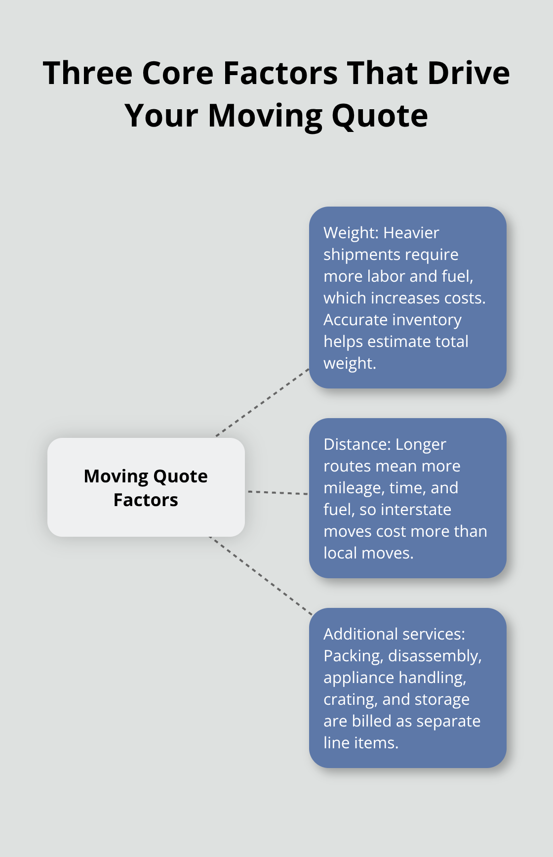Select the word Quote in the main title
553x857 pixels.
pos(379,116)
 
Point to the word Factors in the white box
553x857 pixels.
pos(146,500)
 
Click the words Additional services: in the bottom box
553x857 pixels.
pos(394,634)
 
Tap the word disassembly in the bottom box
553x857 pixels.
pos(434,656)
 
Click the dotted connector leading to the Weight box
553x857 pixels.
pos(262,402)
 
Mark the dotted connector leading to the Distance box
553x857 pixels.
pos(277,492)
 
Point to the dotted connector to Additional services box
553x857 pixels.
pos(261,576)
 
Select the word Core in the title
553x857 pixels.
pos(178,74)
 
